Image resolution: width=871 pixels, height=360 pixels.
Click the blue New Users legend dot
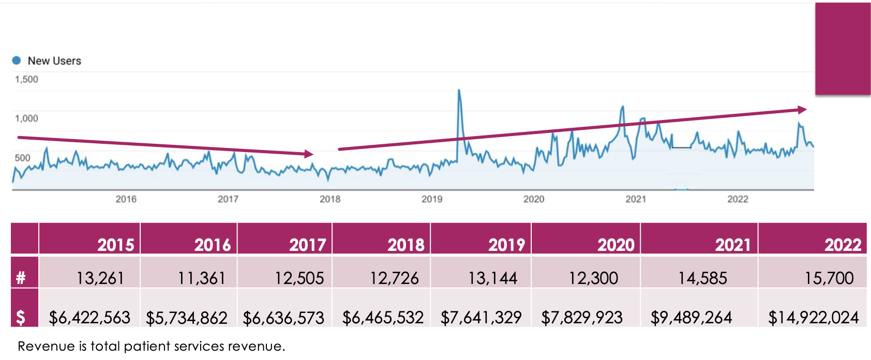[17, 61]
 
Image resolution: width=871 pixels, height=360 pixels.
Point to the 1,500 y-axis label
[26, 79]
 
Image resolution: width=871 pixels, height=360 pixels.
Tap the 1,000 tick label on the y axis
[26, 118]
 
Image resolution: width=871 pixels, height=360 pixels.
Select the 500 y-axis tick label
[22, 158]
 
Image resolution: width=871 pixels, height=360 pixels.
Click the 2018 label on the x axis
[330, 199]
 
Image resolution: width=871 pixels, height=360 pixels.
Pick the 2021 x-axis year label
[636, 199]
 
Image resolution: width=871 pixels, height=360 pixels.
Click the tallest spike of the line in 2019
[459, 91]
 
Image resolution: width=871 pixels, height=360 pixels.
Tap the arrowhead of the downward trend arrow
[309, 154]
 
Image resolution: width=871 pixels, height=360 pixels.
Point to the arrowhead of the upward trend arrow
[802, 110]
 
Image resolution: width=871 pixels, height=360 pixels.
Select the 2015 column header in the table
[116, 244]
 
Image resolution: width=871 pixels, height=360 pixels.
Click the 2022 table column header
[843, 244]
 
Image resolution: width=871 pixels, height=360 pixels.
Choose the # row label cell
[21, 278]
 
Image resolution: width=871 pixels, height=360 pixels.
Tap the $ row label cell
[21, 317]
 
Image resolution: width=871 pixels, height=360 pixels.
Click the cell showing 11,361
[201, 278]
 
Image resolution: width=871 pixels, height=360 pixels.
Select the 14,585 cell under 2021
[702, 278]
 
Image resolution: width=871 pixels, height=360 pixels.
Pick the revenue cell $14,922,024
[813, 317]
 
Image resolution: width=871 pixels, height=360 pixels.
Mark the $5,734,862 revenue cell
[187, 318]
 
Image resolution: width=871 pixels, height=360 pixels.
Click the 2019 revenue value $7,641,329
[481, 317]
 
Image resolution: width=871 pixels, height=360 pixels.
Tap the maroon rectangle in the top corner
[843, 49]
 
